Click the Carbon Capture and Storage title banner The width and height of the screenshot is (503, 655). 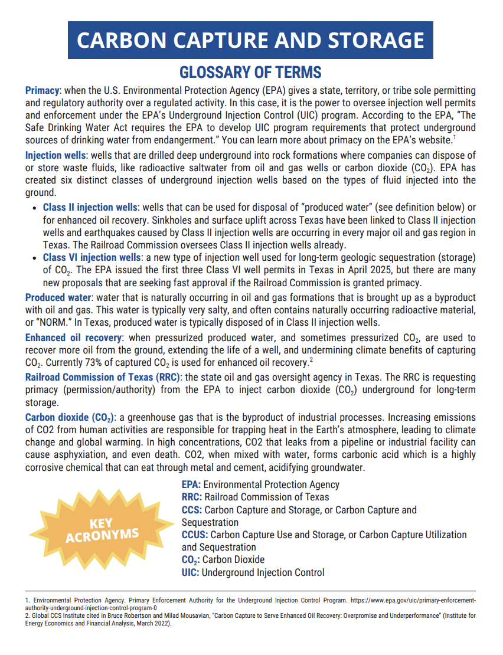point(251,40)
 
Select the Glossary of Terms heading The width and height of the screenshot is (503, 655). point(251,73)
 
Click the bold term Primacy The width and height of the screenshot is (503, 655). point(43,91)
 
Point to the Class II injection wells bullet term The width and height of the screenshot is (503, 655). point(90,208)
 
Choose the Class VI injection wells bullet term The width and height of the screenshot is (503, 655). point(92,258)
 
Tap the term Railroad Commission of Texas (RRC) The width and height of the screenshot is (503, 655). point(102,377)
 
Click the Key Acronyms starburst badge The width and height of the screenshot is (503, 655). point(102,529)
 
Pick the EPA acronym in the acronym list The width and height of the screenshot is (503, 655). point(191,484)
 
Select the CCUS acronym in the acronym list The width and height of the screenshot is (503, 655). point(194,535)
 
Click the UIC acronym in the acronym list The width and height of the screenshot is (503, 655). point(190,572)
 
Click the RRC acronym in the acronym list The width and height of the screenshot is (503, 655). point(191,497)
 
